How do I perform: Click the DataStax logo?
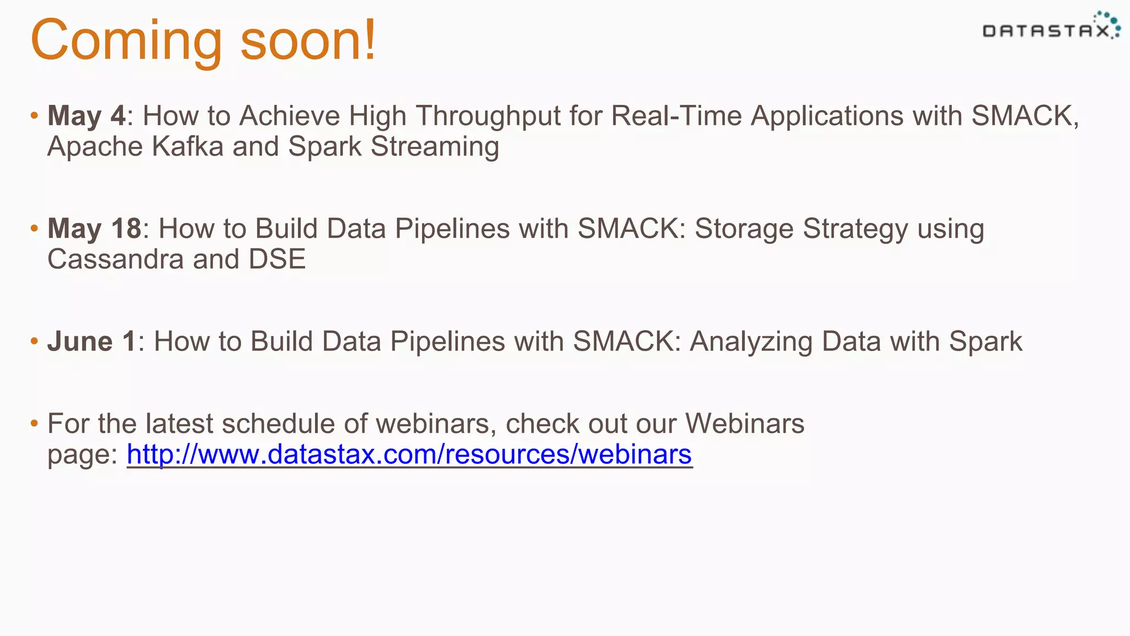(x=1051, y=28)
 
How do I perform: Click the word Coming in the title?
(x=126, y=41)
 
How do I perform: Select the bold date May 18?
(x=94, y=229)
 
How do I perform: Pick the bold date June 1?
(x=92, y=341)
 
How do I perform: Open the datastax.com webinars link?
(x=409, y=454)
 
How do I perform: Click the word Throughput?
(x=488, y=117)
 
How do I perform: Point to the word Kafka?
(x=188, y=147)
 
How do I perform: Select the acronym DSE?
(x=277, y=259)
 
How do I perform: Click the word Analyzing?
(x=750, y=342)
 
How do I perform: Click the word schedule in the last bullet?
(x=279, y=424)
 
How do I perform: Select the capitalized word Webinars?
(x=744, y=424)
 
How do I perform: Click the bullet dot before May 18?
(x=34, y=228)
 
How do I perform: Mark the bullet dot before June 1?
(x=34, y=341)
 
